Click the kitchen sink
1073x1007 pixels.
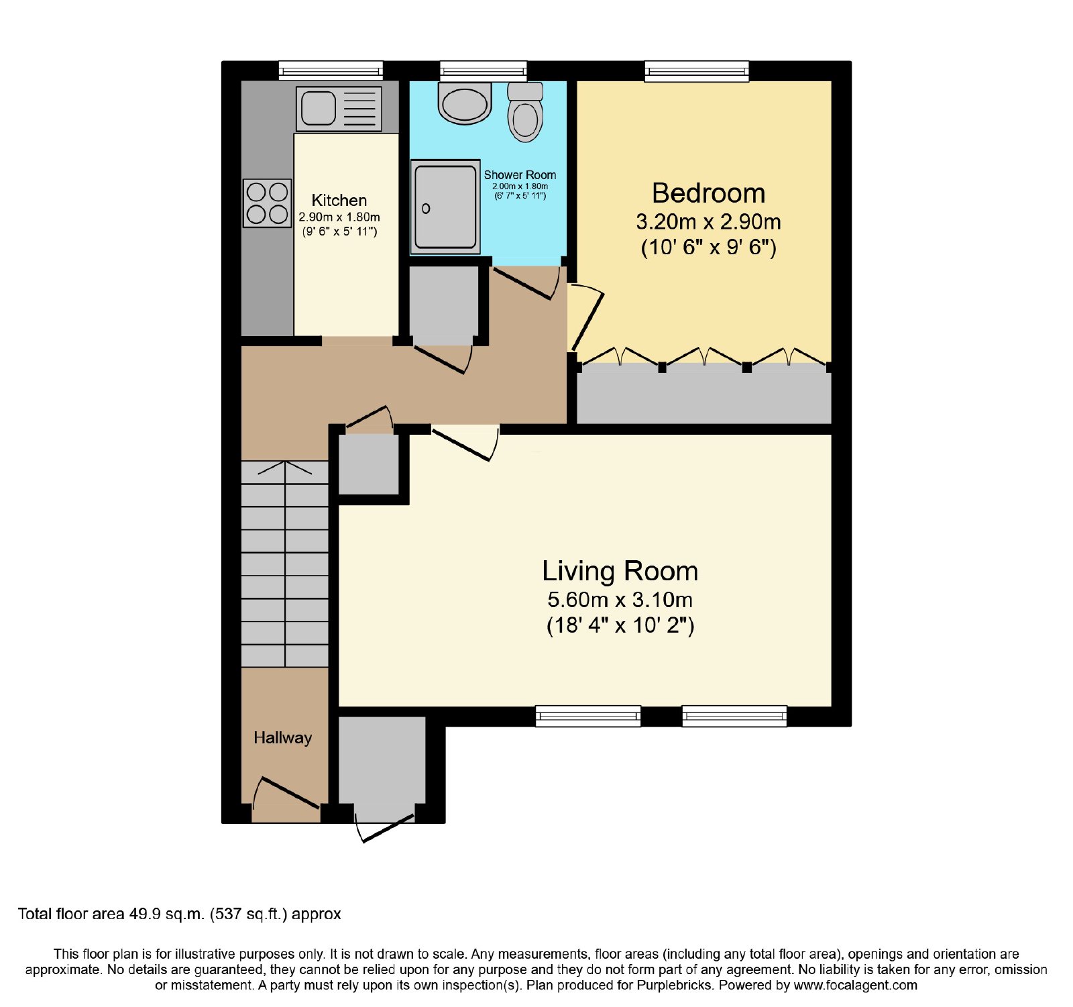pos(339,109)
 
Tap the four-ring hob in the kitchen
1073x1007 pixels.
pos(267,203)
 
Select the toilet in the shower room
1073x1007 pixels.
pos(526,112)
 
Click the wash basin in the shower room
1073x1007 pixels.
pos(464,103)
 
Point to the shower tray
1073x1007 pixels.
pos(445,207)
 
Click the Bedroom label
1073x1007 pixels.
pos(709,193)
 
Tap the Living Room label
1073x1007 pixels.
pos(620,572)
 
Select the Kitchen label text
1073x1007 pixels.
pos(339,200)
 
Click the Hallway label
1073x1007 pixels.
pos(283,738)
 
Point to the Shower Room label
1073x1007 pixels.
pos(520,175)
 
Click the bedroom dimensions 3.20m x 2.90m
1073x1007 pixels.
pos(709,222)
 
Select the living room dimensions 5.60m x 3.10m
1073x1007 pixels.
pos(620,600)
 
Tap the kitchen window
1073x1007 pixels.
pos(331,70)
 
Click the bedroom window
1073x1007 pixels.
pos(697,71)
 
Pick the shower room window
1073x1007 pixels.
pos(484,70)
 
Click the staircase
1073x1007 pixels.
pos(285,564)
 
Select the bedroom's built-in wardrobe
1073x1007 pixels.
pos(704,394)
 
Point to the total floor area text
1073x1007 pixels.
pos(180,914)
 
